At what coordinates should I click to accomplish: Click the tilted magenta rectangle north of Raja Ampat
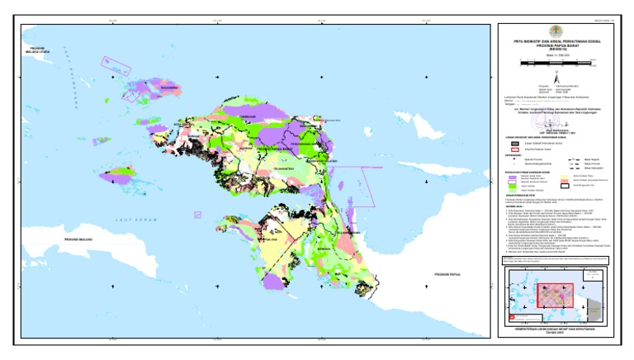(111, 63)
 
